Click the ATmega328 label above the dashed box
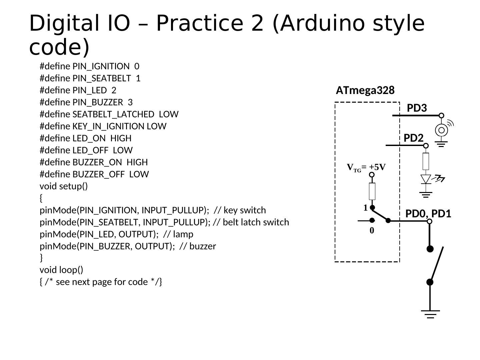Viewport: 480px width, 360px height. click(365, 90)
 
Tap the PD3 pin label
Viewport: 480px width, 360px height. click(417, 108)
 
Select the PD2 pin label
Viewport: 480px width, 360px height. click(413, 138)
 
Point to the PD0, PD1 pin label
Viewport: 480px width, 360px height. click(428, 213)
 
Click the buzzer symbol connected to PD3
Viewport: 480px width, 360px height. click(441, 130)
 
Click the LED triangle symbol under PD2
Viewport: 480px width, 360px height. click(426, 179)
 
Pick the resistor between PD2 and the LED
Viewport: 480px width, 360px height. click(426, 161)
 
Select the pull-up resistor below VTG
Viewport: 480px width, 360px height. click(372, 191)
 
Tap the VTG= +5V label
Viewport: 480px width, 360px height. click(366, 167)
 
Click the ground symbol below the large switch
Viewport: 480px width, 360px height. click(430, 314)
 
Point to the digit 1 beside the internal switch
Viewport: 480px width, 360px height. click(365, 208)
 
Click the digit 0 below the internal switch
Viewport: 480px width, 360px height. click(372, 231)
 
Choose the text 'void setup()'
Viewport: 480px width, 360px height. click(64, 186)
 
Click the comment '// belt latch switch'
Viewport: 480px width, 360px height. click(251, 222)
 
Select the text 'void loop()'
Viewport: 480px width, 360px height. click(61, 270)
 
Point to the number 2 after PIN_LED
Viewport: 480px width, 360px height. click(114, 90)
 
